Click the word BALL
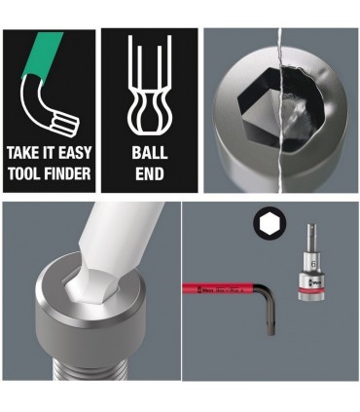(x=150, y=154)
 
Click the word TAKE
(x=22, y=154)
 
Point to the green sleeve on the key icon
(x=45, y=52)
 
